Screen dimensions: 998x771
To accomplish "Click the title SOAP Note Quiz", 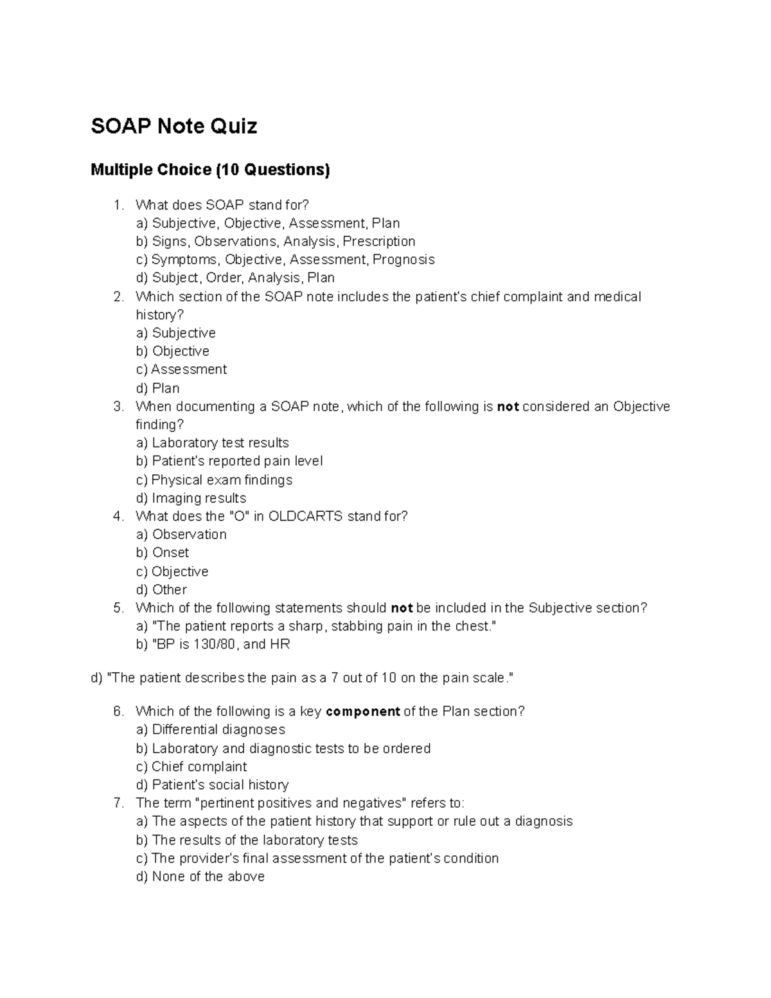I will coord(173,126).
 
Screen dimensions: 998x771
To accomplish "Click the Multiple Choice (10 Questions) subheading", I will coord(210,170).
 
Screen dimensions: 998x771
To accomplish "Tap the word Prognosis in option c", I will coord(403,260).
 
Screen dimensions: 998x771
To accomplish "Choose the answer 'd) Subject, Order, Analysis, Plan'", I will coord(235,278).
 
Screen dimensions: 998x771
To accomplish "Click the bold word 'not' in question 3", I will coord(508,407).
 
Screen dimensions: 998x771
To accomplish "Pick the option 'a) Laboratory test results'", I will coord(212,443).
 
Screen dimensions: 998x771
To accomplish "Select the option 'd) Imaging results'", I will coord(191,498).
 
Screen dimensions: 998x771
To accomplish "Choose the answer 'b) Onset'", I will coord(163,553).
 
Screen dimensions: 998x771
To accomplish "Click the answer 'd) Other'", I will coord(161,589).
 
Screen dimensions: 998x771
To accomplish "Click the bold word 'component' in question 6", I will coord(363,711).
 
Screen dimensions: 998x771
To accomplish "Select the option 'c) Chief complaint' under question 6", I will coord(191,767).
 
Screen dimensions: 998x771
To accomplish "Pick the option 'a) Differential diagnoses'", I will coord(211,729).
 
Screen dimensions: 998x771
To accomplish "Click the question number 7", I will coord(118,803).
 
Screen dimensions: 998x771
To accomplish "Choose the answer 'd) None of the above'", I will coord(200,877).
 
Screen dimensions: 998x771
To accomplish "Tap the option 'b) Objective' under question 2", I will coord(173,351).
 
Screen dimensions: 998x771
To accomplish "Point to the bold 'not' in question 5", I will coord(402,608).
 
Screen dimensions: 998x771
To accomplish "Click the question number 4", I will coord(118,516).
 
